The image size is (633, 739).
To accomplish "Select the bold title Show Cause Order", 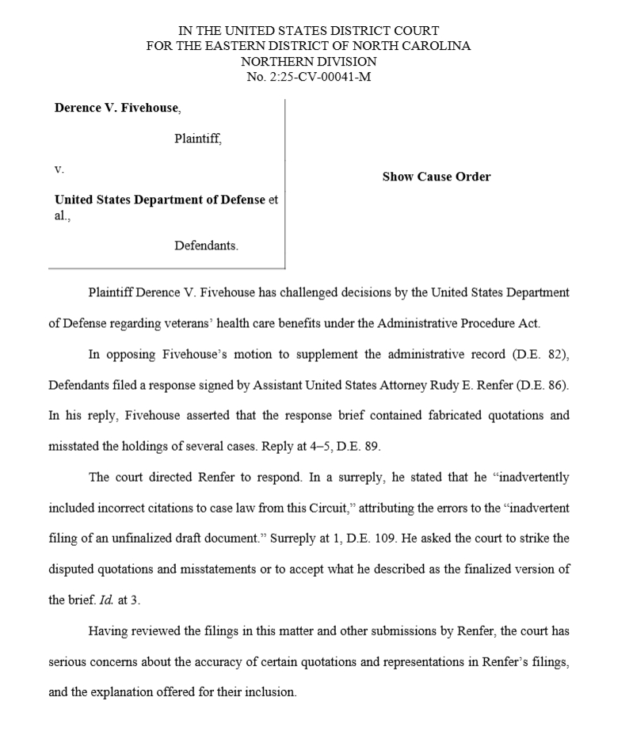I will [x=436, y=177].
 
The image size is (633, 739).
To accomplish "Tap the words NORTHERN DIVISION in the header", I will [x=309, y=61].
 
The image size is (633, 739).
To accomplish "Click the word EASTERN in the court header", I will [x=222, y=45].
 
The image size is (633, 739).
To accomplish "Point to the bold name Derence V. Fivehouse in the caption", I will [x=116, y=108].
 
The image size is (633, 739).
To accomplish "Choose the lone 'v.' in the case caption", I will [x=59, y=169].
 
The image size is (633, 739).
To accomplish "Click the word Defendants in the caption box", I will [x=206, y=246].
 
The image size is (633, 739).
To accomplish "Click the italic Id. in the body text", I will [x=105, y=600].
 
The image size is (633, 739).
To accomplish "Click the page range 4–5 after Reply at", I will [x=317, y=446].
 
